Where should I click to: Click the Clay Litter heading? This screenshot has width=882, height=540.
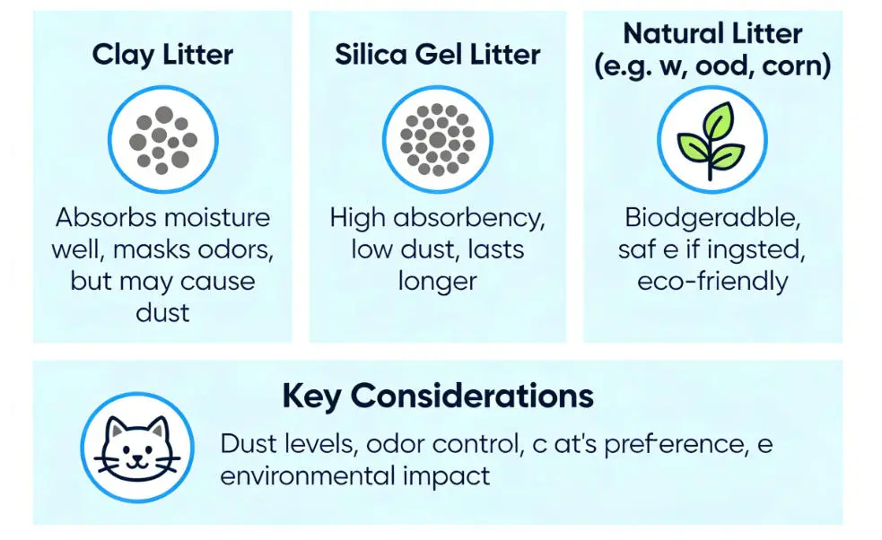pos(162,54)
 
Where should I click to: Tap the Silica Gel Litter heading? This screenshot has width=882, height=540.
pos(438,54)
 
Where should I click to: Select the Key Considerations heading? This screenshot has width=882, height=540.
pos(438,396)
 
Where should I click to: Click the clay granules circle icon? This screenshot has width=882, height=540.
pos(162,140)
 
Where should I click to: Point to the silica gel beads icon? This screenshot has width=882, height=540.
pos(438,140)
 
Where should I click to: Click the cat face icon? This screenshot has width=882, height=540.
pos(135,446)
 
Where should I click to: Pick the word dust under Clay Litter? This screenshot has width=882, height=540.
pos(162,312)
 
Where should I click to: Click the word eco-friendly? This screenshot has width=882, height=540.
pos(712,281)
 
